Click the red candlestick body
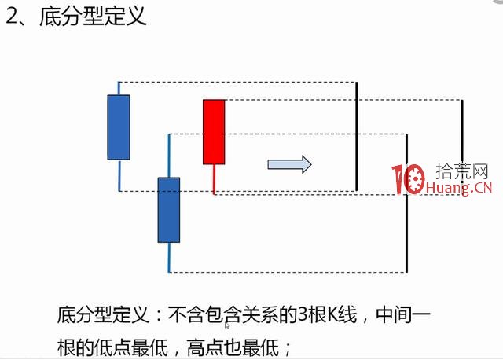[x=214, y=131]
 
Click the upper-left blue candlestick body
[x=119, y=127]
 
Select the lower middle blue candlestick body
[x=169, y=209]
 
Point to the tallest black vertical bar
[x=406, y=203]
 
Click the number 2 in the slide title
[x=13, y=17]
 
